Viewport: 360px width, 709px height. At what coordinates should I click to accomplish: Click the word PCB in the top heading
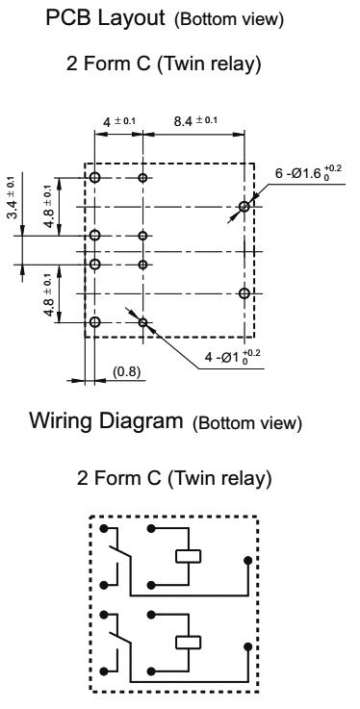point(69,17)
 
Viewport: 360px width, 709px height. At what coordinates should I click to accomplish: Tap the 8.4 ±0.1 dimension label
point(195,120)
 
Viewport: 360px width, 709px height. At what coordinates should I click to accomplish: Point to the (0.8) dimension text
point(127,371)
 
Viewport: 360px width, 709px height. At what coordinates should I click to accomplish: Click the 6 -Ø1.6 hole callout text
point(308,173)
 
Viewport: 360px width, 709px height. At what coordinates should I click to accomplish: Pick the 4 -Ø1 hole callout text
point(233,357)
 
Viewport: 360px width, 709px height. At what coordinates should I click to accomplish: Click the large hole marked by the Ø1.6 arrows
point(244,207)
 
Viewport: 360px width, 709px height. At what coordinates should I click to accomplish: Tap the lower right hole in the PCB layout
point(244,293)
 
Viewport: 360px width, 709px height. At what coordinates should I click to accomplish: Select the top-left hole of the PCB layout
point(94,177)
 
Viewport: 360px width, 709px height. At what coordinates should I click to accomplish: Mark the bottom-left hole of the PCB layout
point(94,322)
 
